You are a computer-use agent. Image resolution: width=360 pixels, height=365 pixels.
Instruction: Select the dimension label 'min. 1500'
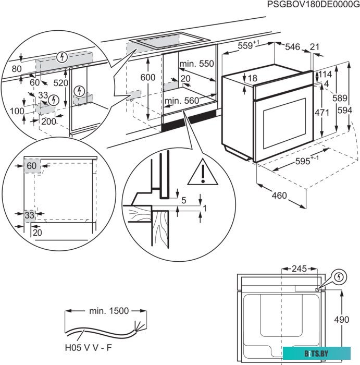coord(108,311)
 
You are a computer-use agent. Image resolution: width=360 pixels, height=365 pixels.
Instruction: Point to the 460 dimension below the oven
coord(279,196)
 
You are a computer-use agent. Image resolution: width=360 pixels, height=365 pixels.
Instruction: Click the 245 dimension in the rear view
coord(299,269)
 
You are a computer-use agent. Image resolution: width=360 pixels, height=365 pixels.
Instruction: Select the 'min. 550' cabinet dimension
coord(196,64)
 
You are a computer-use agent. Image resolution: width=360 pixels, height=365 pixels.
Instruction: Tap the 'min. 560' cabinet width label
coord(182,101)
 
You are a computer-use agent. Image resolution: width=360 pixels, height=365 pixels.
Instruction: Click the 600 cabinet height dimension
coord(148,77)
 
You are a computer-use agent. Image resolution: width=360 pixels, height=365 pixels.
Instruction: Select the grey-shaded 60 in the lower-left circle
coord(32,166)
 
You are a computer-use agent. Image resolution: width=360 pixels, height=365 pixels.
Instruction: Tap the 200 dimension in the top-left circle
coord(48,121)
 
